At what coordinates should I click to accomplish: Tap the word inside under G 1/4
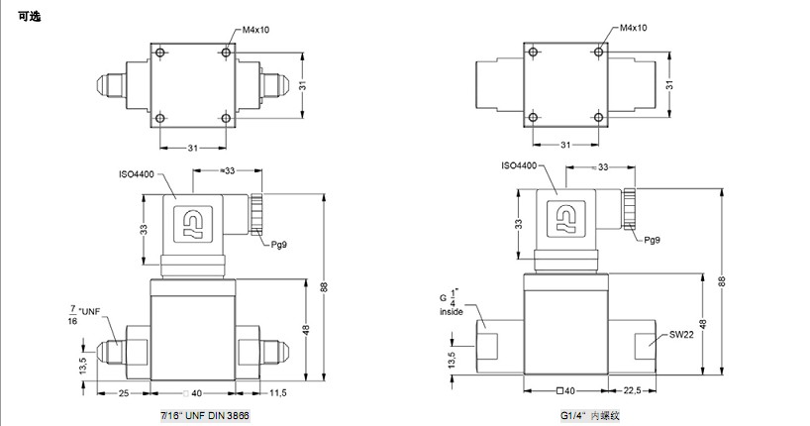click(452, 312)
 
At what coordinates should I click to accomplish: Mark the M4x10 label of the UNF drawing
click(256, 29)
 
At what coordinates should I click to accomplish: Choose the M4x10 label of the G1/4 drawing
click(633, 29)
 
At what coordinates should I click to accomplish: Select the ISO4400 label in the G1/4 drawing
click(518, 166)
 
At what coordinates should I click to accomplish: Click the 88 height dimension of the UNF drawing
click(323, 287)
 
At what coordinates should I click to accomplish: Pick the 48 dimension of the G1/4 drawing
click(703, 322)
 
